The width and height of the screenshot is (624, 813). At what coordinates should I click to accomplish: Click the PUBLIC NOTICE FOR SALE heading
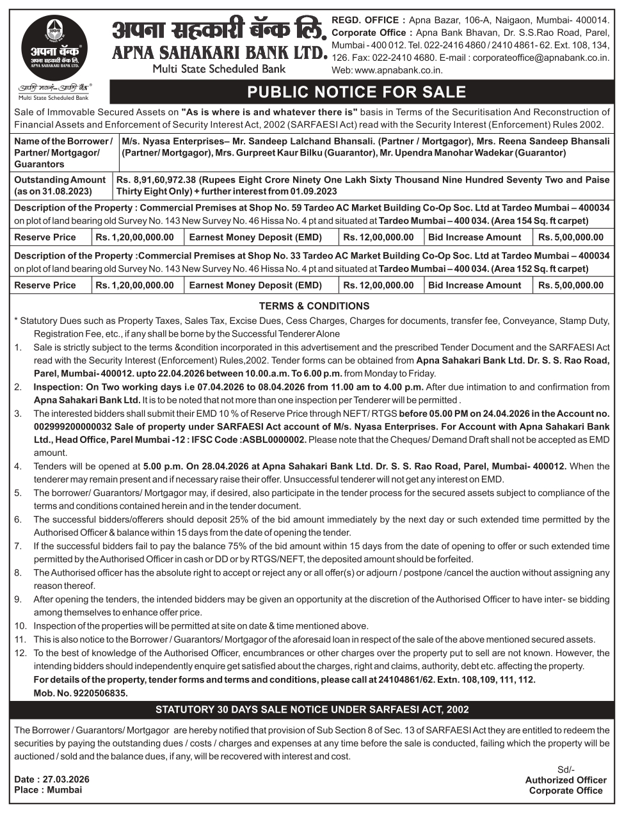356,92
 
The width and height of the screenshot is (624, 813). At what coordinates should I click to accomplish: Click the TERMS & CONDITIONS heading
314,306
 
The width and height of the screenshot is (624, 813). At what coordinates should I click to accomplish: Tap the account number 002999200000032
73,426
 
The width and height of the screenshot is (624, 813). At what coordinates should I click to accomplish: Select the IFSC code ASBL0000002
278,440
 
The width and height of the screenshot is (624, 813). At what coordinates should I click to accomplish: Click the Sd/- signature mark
566,769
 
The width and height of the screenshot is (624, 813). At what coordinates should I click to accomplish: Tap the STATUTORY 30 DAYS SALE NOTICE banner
312,709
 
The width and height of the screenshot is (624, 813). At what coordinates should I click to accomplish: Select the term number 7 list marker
18,546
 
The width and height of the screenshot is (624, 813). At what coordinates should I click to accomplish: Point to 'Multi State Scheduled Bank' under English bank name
219,68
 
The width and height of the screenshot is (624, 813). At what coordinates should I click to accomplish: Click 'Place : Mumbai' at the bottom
48,790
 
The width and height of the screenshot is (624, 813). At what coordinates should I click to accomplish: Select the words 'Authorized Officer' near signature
566,780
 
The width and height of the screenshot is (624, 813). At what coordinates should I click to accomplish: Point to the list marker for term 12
20,653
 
